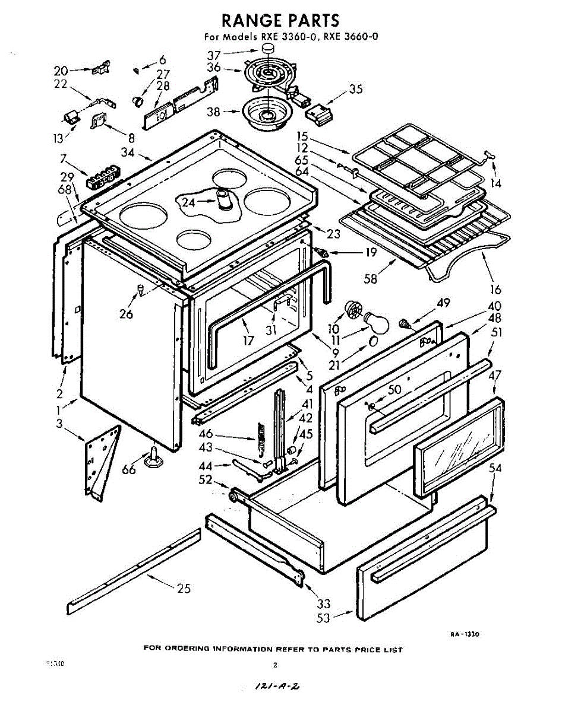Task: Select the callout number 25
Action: point(184,589)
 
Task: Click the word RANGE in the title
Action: point(252,20)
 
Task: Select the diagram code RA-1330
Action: point(464,634)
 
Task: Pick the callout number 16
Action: point(495,290)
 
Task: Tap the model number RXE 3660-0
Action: point(352,37)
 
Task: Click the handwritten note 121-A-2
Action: point(277,686)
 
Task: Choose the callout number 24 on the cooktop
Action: point(188,202)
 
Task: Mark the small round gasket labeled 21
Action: point(373,342)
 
